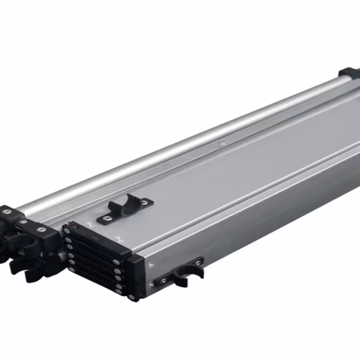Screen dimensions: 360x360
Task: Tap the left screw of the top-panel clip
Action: click(106, 218)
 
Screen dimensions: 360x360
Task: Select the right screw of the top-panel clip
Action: click(145, 201)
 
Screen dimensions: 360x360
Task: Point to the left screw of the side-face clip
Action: click(161, 282)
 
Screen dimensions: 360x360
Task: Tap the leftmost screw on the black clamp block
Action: click(7, 212)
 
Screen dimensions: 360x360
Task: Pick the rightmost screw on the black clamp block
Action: click(42, 229)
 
